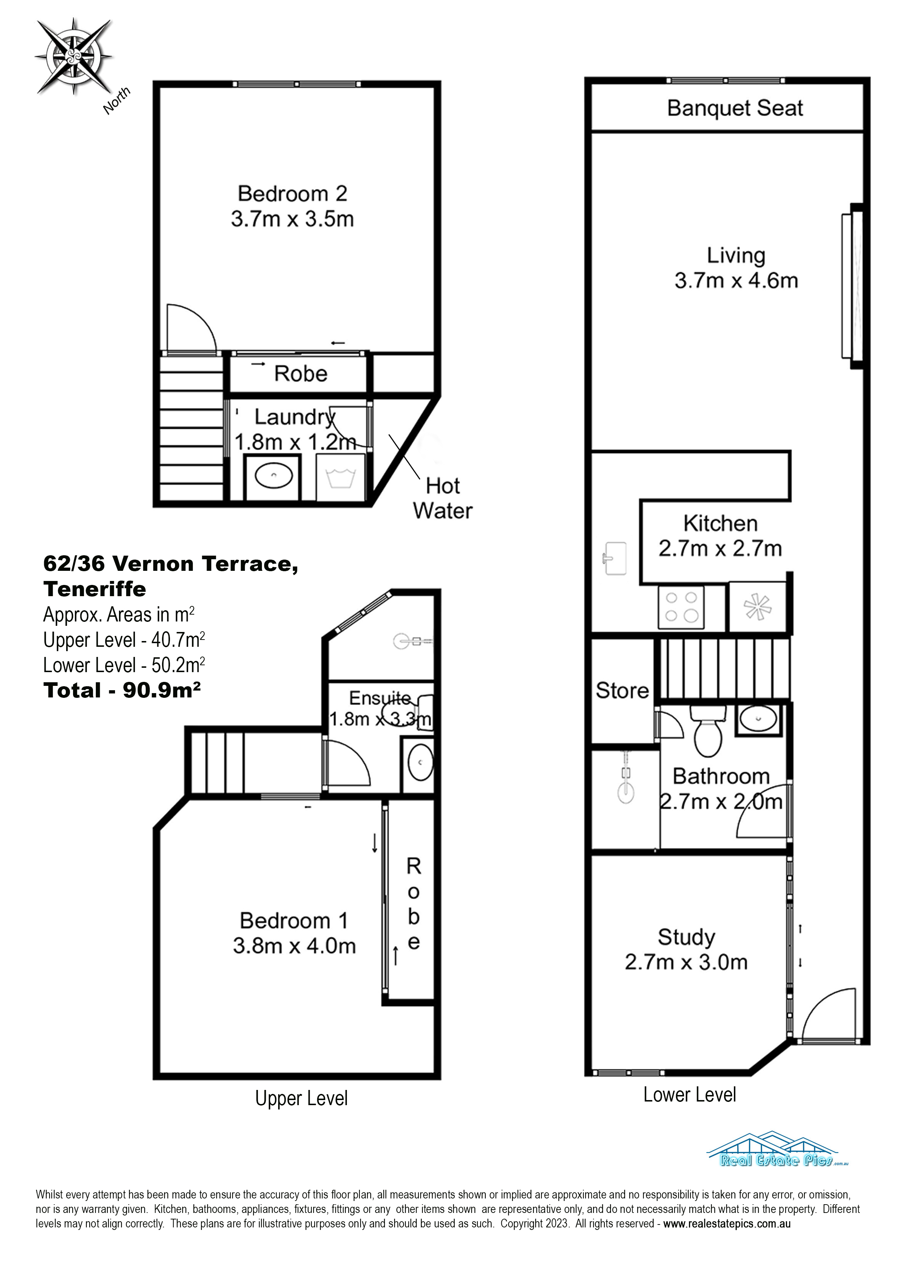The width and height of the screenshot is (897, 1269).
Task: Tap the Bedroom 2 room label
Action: point(292,194)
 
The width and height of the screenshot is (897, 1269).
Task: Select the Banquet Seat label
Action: point(735,108)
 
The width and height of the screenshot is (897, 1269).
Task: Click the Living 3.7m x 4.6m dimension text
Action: point(736,280)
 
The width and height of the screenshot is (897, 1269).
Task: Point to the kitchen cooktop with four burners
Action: point(681,607)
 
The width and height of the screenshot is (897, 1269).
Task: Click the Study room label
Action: point(686,937)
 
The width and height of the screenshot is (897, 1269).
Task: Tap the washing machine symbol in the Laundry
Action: point(340,478)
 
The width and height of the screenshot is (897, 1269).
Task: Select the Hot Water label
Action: point(443,498)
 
